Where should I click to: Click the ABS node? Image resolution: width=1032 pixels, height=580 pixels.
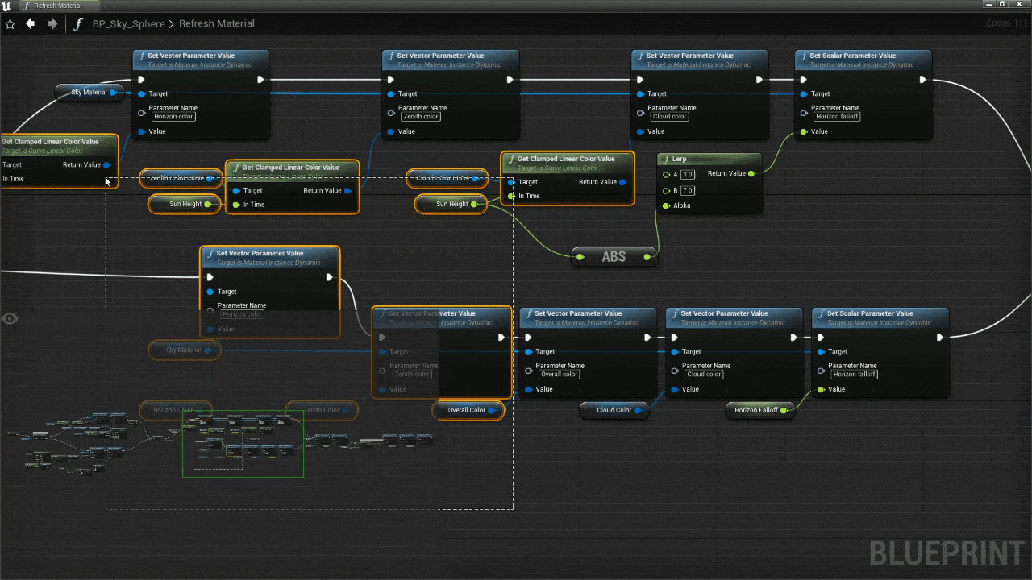(614, 257)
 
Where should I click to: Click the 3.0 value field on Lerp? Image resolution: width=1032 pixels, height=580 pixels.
(688, 175)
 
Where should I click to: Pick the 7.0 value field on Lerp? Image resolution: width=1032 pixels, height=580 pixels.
(688, 191)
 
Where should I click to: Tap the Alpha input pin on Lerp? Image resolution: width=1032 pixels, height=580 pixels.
(666, 205)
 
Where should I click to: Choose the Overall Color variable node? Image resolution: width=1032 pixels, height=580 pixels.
(468, 410)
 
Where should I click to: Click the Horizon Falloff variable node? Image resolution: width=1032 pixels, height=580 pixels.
(756, 410)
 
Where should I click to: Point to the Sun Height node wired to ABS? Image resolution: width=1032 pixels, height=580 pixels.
(451, 204)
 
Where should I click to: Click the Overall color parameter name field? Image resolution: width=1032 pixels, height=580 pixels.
(559, 374)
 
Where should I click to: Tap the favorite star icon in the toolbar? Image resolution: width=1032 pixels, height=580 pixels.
(10, 24)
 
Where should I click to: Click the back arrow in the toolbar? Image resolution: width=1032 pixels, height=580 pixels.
(31, 23)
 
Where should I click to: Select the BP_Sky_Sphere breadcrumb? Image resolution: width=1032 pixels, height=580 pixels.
(129, 24)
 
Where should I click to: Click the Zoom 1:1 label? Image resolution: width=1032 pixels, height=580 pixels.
(1006, 23)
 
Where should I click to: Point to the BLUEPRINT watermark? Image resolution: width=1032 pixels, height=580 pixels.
(947, 554)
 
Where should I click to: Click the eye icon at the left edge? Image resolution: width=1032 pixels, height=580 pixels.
(10, 318)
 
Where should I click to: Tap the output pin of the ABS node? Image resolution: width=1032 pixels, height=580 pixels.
(647, 257)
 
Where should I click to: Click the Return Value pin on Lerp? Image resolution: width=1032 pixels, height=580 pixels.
(751, 174)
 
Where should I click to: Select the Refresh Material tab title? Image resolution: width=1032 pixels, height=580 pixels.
(57, 6)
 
